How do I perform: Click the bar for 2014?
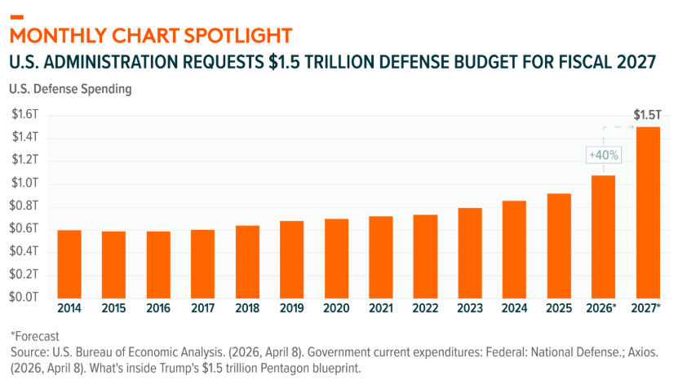click(69, 264)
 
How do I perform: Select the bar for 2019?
click(292, 260)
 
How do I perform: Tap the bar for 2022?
click(425, 257)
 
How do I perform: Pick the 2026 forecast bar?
click(603, 237)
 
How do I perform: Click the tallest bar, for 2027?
click(648, 213)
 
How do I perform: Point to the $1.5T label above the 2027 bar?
click(647, 115)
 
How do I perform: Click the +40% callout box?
click(604, 155)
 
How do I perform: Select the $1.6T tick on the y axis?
click(24, 114)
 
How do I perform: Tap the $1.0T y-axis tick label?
click(24, 183)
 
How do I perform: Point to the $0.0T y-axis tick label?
click(24, 297)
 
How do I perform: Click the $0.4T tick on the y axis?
click(24, 251)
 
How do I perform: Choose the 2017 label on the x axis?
click(203, 308)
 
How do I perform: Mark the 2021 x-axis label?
click(381, 308)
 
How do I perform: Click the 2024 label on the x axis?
click(514, 308)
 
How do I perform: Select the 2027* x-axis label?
click(646, 308)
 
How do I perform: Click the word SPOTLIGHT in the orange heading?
click(238, 36)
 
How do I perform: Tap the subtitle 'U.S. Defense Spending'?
click(70, 89)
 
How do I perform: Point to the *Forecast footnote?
click(34, 337)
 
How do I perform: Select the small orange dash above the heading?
click(16, 17)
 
